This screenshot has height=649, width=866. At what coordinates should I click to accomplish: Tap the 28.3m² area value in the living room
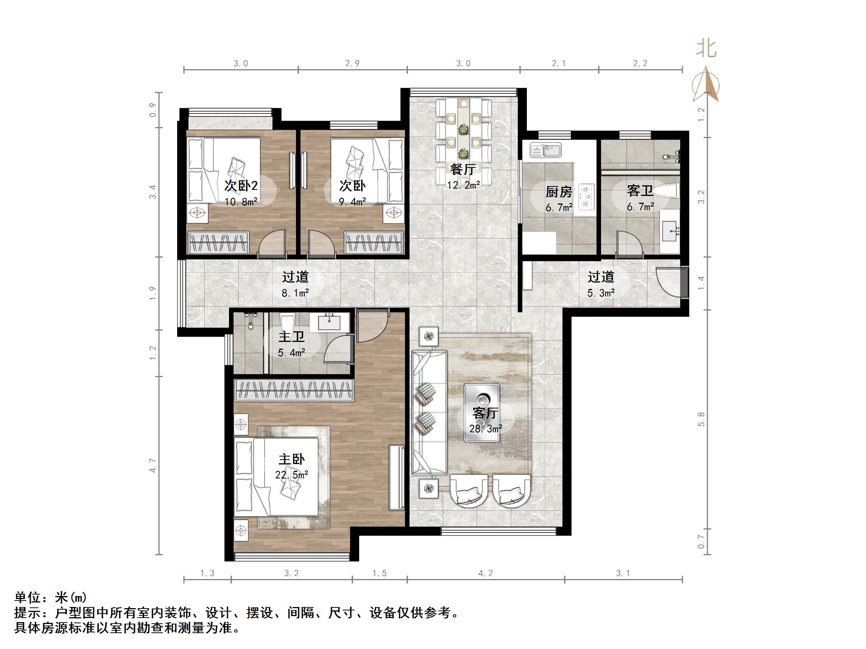[x=486, y=429]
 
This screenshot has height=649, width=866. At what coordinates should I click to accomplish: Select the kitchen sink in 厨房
[x=546, y=149]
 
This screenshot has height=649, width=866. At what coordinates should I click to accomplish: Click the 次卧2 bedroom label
[x=241, y=185]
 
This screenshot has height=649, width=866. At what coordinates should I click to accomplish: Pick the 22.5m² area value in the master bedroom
[x=291, y=475]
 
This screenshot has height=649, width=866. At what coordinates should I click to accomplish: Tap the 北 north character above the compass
[x=706, y=49]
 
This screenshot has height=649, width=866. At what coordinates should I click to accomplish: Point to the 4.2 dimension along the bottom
[x=486, y=573]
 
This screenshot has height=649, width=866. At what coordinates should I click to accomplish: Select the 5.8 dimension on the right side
[x=701, y=419]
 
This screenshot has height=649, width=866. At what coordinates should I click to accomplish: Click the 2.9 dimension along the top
[x=352, y=64]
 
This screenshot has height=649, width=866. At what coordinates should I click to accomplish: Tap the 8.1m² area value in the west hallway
[x=295, y=293]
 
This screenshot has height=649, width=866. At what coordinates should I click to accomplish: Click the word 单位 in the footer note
[x=27, y=598]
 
